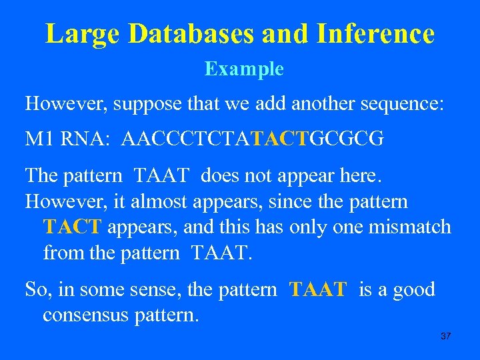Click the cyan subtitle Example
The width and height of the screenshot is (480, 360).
tap(244, 69)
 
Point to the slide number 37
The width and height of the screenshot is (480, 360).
tap(446, 335)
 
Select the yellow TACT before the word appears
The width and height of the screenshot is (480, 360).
tap(71, 227)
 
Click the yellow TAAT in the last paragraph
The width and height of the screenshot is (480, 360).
tap(318, 289)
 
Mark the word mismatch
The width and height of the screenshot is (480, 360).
tap(409, 227)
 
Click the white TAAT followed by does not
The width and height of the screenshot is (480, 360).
tap(163, 176)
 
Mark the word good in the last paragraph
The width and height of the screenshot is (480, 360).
tap(413, 289)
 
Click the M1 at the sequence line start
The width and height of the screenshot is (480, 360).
tap(39, 139)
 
